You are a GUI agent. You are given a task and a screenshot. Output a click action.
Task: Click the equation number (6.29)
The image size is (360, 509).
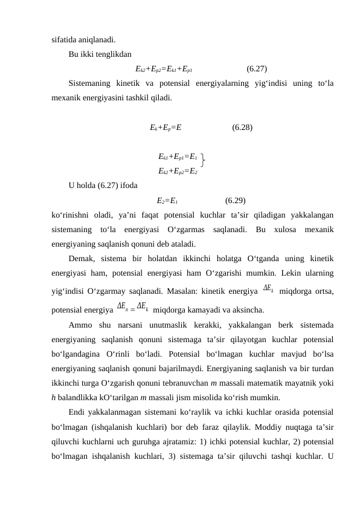click(x=234, y=201)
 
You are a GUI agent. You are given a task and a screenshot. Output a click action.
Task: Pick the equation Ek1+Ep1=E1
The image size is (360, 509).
click(x=178, y=157)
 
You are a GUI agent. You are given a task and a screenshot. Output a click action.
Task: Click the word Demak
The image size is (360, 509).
click(x=82, y=259)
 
